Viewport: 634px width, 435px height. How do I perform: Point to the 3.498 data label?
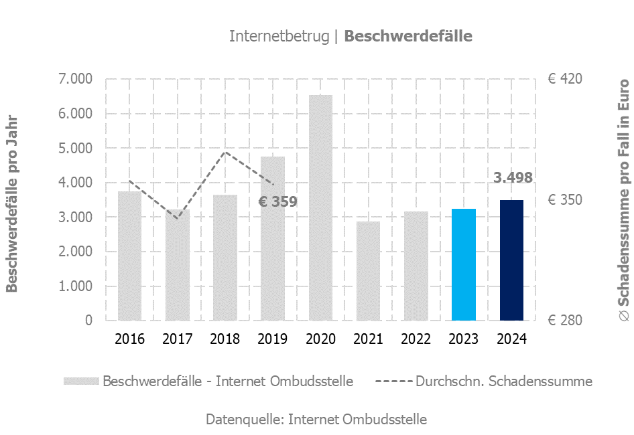(x=513, y=178)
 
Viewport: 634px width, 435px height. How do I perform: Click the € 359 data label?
(x=278, y=201)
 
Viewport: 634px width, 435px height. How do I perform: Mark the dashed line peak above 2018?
(x=225, y=152)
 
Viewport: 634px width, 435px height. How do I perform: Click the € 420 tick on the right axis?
(x=565, y=79)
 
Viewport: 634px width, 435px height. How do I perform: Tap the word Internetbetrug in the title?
(x=279, y=36)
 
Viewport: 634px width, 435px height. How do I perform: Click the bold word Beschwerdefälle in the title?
(x=408, y=36)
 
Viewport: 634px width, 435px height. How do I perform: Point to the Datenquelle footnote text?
(x=316, y=420)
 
